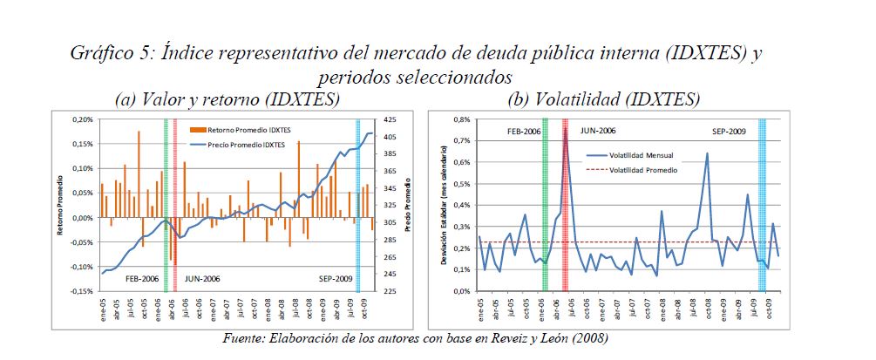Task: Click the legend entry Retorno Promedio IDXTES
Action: pyautogui.click(x=252, y=129)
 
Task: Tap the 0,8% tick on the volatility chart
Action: pyautogui.click(x=459, y=119)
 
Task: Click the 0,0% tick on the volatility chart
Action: pyautogui.click(x=459, y=291)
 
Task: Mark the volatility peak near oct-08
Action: pyautogui.click(x=707, y=153)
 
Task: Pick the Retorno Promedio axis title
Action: pyautogui.click(x=61, y=207)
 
